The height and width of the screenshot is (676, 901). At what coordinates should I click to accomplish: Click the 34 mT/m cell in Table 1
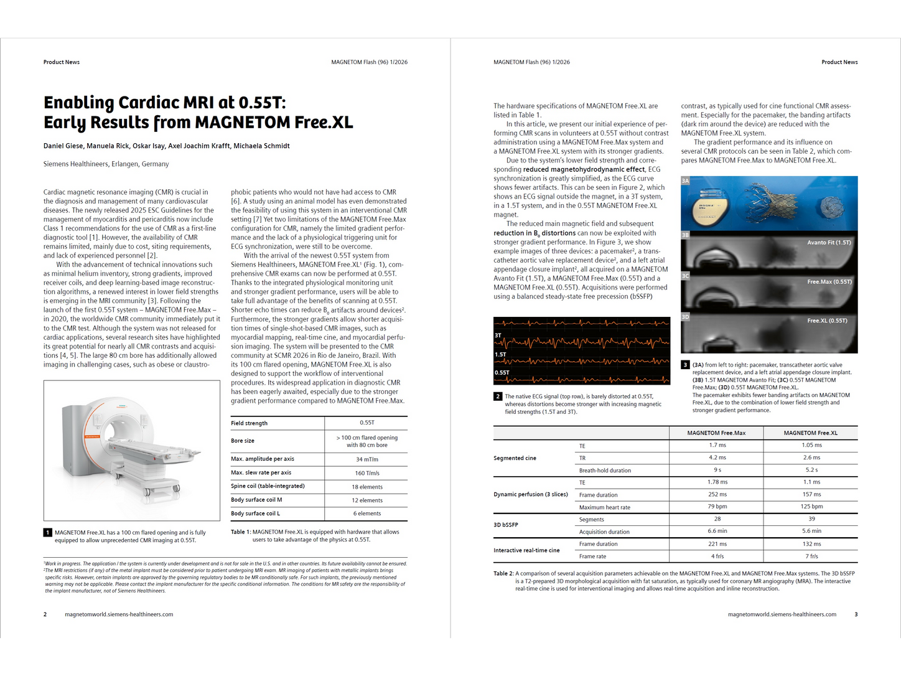click(366, 459)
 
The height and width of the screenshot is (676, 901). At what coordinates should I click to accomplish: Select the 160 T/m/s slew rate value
click(366, 473)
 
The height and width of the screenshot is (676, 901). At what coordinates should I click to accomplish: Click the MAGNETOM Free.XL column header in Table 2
click(810, 433)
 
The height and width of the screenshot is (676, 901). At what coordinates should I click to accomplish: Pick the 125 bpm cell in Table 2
click(811, 507)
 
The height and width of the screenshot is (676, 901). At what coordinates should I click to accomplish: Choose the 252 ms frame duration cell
click(717, 494)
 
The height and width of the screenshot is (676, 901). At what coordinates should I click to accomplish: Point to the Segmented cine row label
click(515, 458)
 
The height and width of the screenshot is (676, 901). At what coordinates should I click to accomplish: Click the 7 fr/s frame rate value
click(811, 556)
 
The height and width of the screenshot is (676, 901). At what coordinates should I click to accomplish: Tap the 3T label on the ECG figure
click(498, 336)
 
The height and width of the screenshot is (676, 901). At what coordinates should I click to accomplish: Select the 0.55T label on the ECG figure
click(502, 373)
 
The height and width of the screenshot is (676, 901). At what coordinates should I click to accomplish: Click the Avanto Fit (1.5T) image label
click(828, 243)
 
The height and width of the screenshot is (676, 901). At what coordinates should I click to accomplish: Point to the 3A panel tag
click(685, 181)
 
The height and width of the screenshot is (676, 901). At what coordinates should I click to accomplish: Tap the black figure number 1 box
click(48, 533)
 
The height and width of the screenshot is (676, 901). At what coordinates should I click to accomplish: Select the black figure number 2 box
click(498, 397)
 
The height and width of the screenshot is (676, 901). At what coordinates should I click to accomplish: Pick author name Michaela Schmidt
click(261, 146)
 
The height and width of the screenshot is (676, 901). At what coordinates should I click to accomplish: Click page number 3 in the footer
click(856, 614)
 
